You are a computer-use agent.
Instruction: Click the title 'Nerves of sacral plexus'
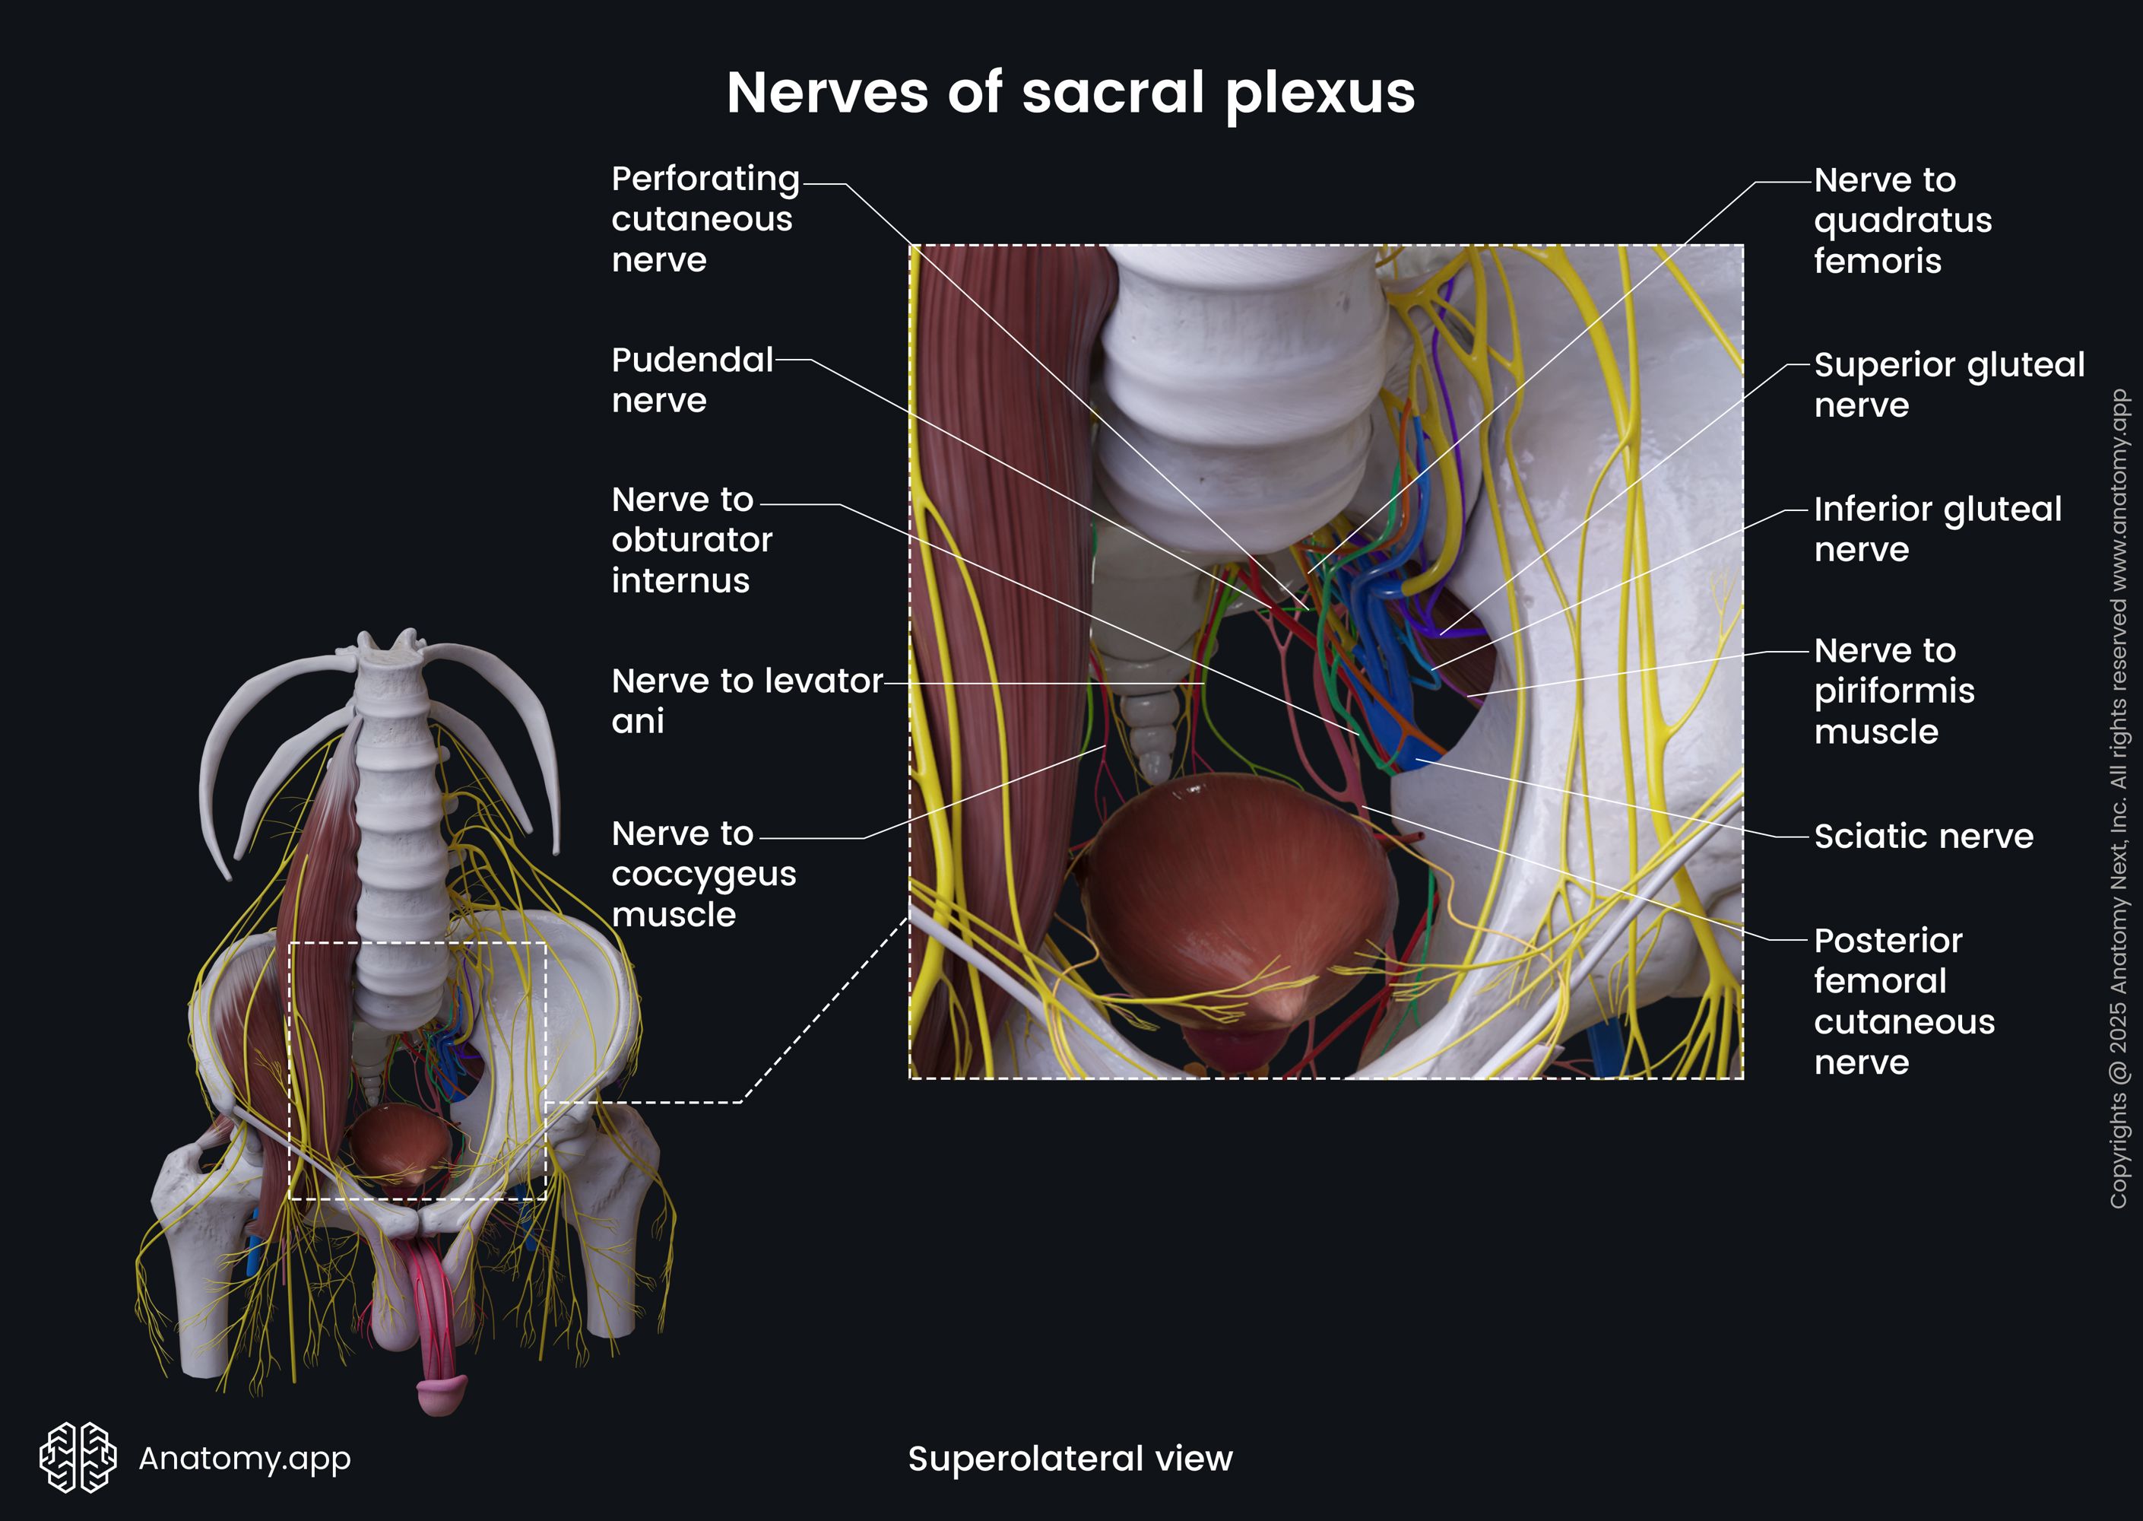(1070, 93)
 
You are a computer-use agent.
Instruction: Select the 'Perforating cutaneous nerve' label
(705, 218)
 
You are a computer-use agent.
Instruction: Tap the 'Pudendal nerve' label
(692, 379)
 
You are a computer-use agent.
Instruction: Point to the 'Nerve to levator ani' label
(747, 700)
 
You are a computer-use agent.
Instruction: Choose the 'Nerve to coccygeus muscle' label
(703, 873)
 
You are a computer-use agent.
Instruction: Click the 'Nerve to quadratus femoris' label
(1901, 220)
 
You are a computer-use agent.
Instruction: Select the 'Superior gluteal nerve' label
(1948, 384)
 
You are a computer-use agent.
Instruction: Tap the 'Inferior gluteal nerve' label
(1937, 529)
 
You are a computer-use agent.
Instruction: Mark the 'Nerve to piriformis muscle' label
(1894, 691)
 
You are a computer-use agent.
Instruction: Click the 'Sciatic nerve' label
(1923, 836)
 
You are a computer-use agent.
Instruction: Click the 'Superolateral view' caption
(1070, 1458)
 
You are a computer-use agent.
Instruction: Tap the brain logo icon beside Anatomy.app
(78, 1457)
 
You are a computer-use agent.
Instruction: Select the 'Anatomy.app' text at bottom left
(244, 1458)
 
